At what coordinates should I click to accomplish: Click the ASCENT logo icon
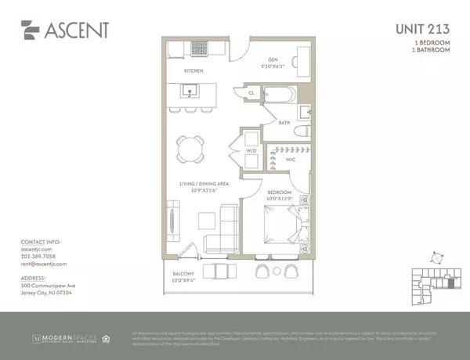coord(31,30)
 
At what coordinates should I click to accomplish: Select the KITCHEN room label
coord(193,71)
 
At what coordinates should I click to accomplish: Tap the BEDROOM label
coord(280,192)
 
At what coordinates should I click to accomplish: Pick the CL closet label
coord(251,92)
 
